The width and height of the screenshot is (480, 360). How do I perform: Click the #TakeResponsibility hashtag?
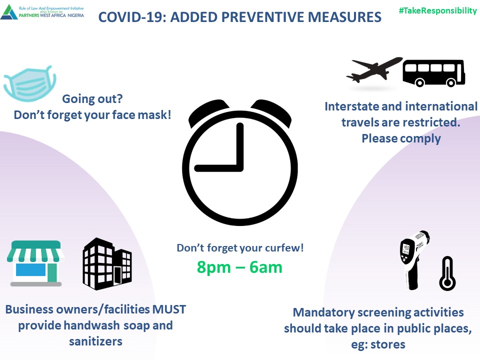[x=438, y=10]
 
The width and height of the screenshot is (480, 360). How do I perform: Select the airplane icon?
[x=374, y=69]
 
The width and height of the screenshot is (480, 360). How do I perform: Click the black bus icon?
[x=434, y=73]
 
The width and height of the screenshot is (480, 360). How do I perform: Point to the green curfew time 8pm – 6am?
[x=239, y=267]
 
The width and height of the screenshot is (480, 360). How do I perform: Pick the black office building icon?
[x=107, y=264]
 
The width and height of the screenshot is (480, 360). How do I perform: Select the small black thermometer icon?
[x=447, y=273]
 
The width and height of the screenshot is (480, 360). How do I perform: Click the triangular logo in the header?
[x=9, y=12]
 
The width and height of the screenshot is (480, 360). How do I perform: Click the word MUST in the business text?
[x=169, y=309]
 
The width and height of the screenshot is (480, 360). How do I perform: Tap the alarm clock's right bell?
[x=271, y=111]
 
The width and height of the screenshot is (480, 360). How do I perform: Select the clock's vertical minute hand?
[x=240, y=147]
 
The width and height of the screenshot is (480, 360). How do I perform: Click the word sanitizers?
[x=95, y=341]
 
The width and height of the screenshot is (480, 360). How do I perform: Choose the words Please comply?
[x=401, y=138]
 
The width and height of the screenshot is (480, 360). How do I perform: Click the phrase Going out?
[x=92, y=99]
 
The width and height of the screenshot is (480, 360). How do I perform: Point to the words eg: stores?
[x=378, y=344]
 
